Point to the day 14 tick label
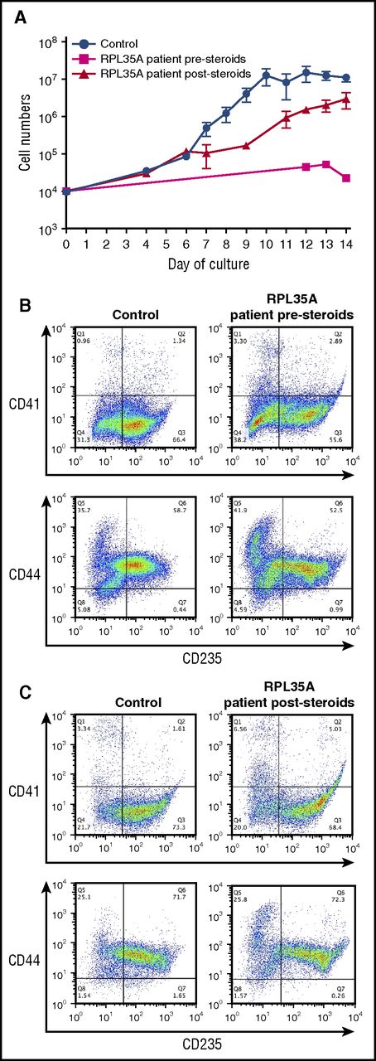click(x=345, y=244)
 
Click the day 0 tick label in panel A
click(x=66, y=244)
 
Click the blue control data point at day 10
click(x=266, y=75)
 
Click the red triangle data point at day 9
click(x=246, y=146)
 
